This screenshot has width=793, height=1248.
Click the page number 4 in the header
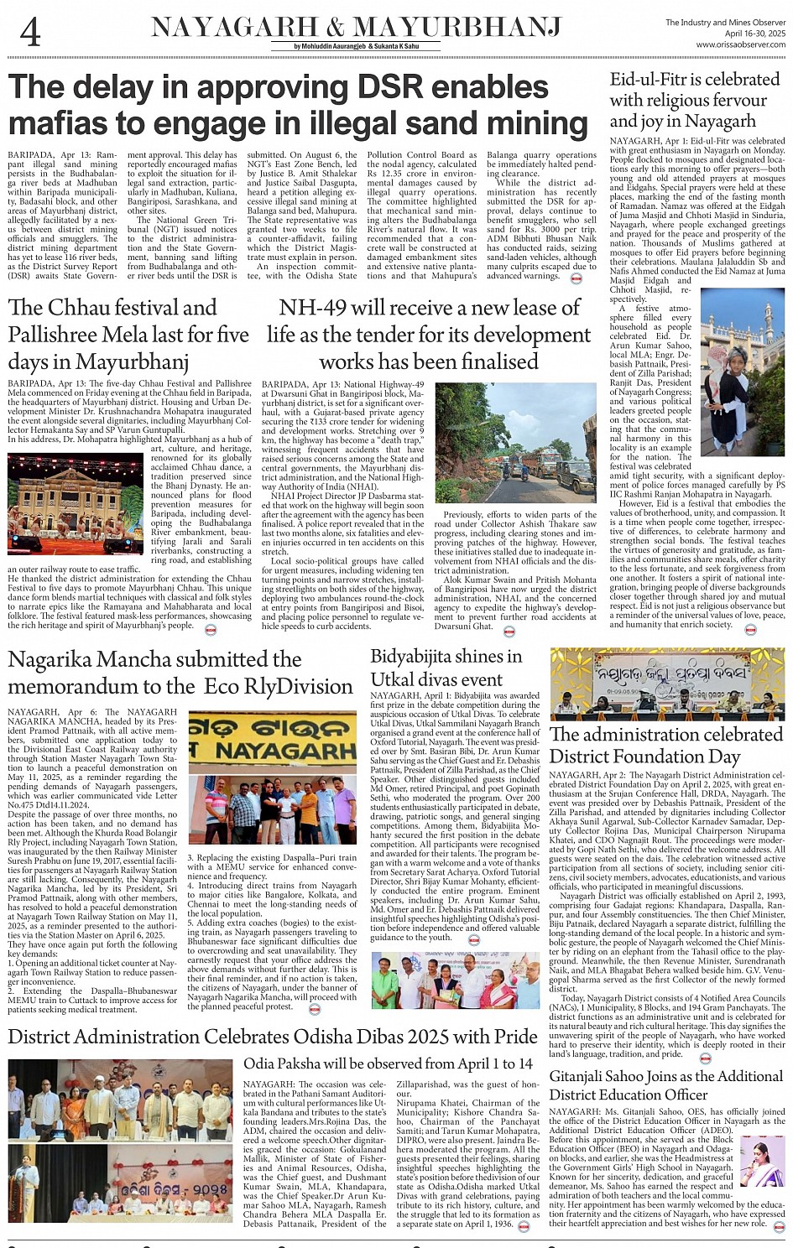(x=29, y=33)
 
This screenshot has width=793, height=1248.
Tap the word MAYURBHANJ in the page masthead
(x=456, y=28)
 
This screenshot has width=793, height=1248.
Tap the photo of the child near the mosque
(x=743, y=372)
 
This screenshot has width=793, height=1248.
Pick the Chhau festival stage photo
(x=76, y=504)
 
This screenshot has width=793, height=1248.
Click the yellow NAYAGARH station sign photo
(x=272, y=741)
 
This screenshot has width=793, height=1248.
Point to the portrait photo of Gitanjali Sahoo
(x=762, y=1161)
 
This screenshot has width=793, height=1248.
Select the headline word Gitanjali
(x=587, y=1076)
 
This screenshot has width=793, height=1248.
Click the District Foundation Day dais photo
(x=667, y=684)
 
